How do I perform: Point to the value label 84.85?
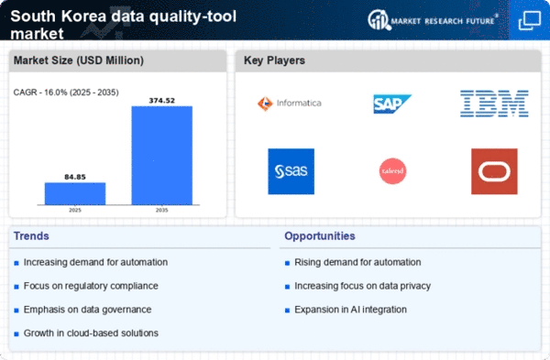(x=75, y=175)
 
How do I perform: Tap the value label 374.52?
(x=161, y=99)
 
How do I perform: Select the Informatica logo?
(x=290, y=103)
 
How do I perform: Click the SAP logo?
(x=392, y=104)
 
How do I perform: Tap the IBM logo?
(x=494, y=103)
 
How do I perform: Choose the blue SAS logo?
(x=291, y=171)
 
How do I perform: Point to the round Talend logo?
(x=392, y=171)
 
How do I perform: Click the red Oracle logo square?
(x=494, y=171)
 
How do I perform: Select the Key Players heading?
(x=274, y=60)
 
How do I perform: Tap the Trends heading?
(x=32, y=236)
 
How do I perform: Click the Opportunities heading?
(x=320, y=236)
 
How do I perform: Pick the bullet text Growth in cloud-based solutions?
(x=91, y=332)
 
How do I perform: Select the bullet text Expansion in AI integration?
(x=351, y=309)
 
